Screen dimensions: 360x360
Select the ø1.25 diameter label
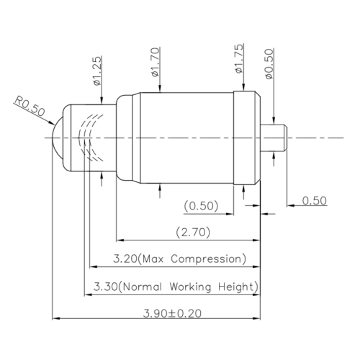[98, 71]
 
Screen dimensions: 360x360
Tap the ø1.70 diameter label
[156, 62]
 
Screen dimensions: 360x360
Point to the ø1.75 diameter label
[239, 58]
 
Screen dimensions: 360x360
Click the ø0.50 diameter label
[269, 64]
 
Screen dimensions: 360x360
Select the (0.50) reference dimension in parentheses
[201, 206]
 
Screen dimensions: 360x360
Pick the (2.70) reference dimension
[193, 233]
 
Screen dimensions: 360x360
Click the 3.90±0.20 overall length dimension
[172, 313]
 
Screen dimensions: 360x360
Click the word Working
[191, 287]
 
